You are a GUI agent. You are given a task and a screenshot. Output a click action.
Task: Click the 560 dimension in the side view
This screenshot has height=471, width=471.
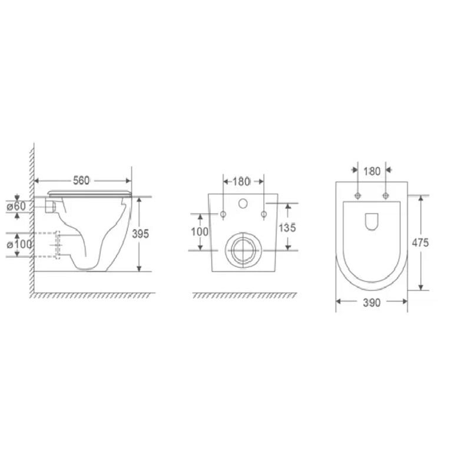pos(81,181)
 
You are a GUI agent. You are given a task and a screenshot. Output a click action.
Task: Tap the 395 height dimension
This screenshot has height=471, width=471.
pos(141,234)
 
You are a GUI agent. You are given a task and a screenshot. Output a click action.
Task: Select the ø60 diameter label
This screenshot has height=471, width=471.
pos(16,207)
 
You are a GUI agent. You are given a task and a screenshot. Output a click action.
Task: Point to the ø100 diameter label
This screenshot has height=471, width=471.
pos(19,244)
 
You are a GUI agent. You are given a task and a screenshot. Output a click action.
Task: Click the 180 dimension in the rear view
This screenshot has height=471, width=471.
pos(241,181)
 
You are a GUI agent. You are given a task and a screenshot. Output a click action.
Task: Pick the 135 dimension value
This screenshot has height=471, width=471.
pos(287,228)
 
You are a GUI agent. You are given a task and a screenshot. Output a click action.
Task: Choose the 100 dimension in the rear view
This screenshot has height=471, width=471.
pos(200,231)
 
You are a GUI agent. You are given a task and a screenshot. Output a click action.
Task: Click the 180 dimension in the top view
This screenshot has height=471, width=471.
pos(372,171)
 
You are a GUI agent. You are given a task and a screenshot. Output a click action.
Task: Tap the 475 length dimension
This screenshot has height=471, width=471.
pos(420,243)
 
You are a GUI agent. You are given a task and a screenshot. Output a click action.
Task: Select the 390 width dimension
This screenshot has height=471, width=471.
pos(372,303)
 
